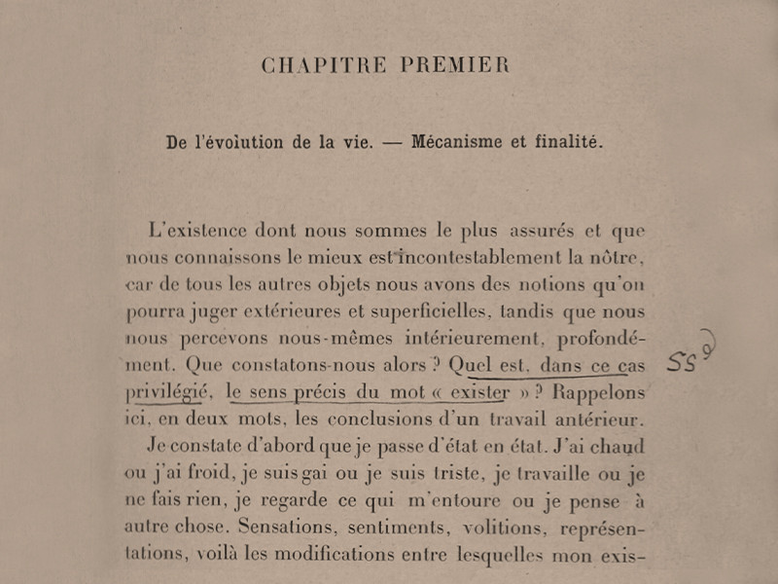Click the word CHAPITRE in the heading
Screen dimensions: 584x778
click(x=317, y=65)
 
